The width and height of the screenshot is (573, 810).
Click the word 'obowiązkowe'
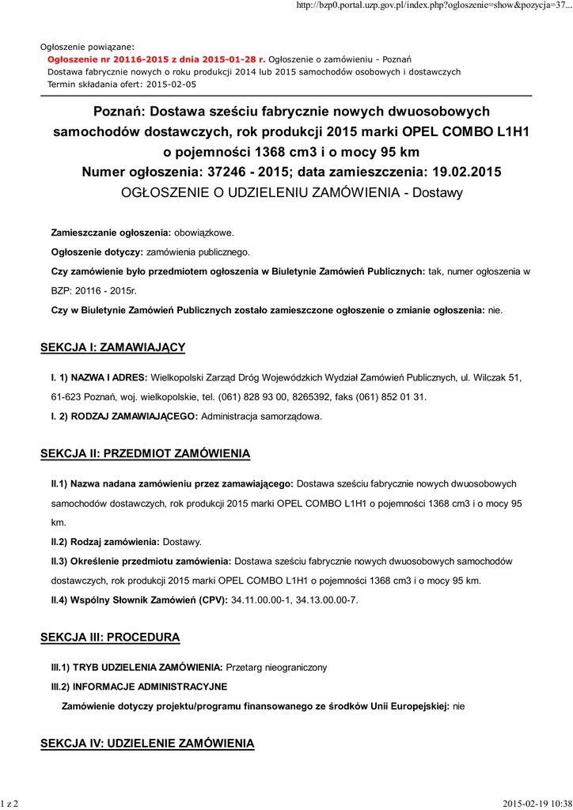click(x=203, y=233)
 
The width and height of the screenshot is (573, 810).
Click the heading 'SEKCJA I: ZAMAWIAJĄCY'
click(x=112, y=347)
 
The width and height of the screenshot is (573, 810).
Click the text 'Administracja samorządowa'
click(x=262, y=415)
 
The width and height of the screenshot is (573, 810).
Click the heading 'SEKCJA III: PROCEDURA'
click(x=110, y=637)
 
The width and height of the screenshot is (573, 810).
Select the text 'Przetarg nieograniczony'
click(x=276, y=668)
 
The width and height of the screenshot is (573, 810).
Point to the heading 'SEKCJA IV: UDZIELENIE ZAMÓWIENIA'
click(x=147, y=744)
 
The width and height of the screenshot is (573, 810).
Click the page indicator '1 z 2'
click(x=9, y=804)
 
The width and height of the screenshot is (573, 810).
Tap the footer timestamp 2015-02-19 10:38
click(x=537, y=804)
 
